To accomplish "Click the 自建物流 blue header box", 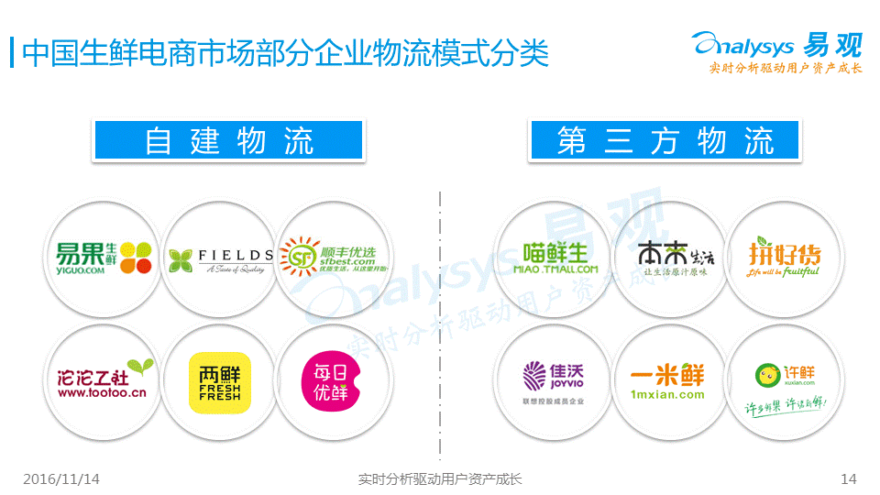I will [229, 140].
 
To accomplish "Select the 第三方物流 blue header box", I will [665, 140].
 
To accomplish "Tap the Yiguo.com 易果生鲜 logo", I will [103, 257].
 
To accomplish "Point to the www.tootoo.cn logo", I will [103, 380].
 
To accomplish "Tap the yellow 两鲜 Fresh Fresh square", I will [219, 380].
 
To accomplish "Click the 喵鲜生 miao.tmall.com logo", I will [554, 258].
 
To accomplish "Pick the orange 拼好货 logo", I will [783, 258].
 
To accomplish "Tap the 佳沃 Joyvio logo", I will [554, 380].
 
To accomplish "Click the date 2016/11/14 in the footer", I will [61, 478].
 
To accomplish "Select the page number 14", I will [848, 478].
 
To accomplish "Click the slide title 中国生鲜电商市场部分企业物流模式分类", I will [284, 52].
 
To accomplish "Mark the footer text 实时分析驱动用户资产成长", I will [439, 478].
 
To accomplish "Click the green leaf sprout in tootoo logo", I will [139, 367].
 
